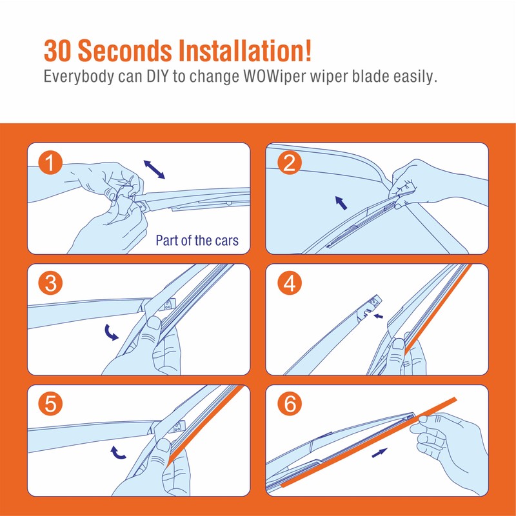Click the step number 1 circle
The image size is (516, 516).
pos(50,163)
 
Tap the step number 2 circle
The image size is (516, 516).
pos(290,163)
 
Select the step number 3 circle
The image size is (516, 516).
pos(50,283)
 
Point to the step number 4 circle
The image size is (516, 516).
pos(290,283)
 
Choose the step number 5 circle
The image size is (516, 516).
pos(50,404)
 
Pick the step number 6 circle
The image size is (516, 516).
pos(290,404)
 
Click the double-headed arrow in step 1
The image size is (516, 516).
pos(154,170)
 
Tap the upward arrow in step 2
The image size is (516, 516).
pos(341,203)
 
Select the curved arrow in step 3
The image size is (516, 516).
pos(110,333)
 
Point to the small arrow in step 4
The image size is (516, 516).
pos(379,316)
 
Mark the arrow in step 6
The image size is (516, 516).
pos(379,453)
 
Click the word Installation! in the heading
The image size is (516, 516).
pos(245,50)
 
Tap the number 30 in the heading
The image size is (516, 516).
pos(57,51)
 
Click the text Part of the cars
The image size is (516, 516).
pos(197,240)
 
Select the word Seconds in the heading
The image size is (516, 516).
pos(124,50)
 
